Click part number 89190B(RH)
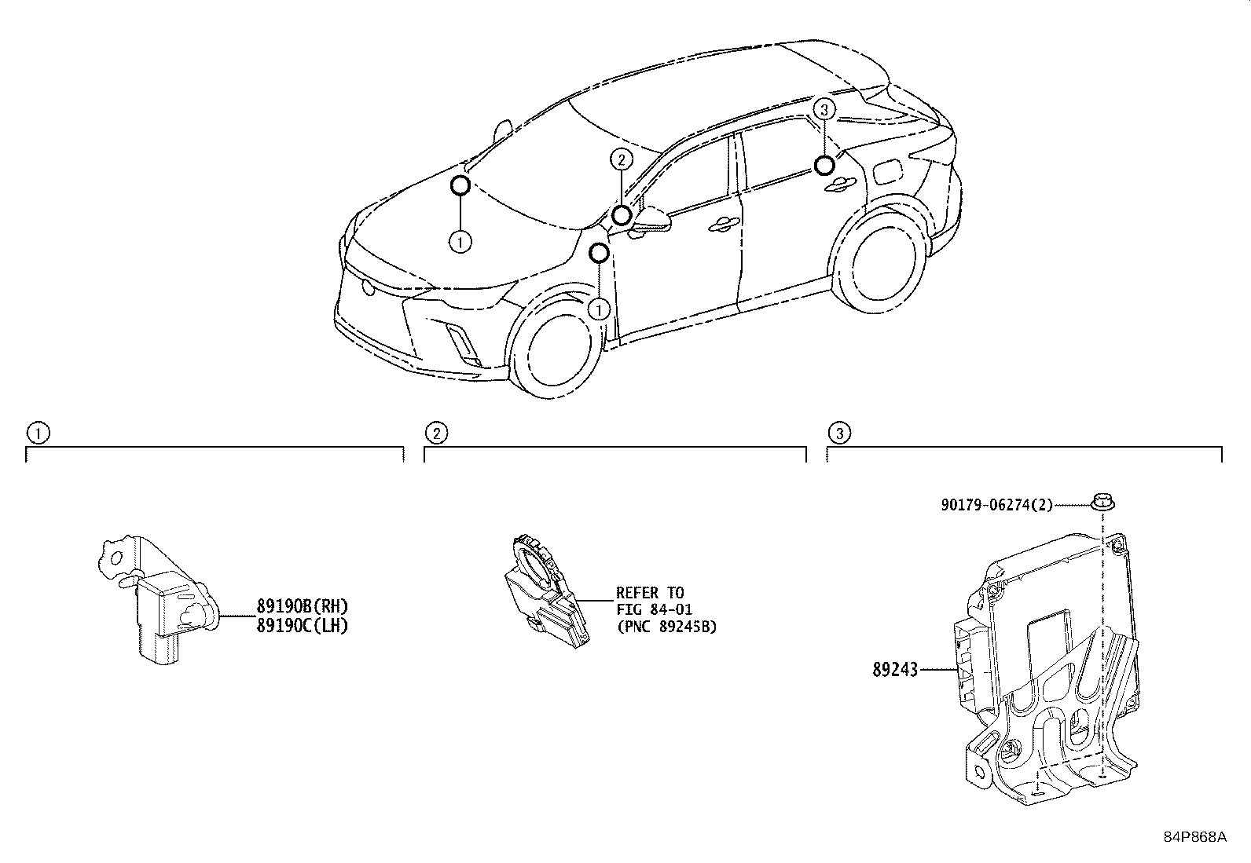(302, 605)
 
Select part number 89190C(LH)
(302, 625)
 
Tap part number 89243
(894, 670)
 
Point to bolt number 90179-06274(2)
(996, 506)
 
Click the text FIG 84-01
(654, 609)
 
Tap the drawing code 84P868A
(1194, 837)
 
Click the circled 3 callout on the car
(824, 110)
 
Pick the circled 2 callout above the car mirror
(621, 160)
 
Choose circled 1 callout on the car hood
(460, 242)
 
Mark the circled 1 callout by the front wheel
(600, 309)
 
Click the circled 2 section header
(436, 433)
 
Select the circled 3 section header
(839, 433)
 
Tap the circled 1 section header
(37, 433)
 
